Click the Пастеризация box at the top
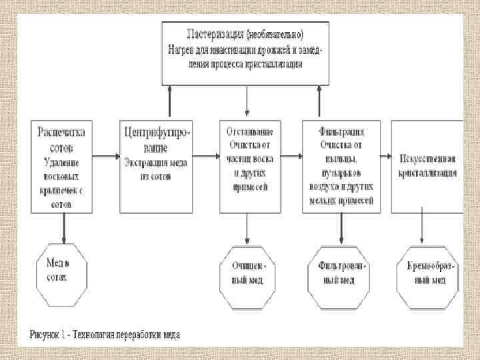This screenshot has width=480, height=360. pyautogui.click(x=246, y=53)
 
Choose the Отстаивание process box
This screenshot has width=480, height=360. pyautogui.click(x=247, y=167)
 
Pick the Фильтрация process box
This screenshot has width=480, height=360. pyautogui.click(x=341, y=167)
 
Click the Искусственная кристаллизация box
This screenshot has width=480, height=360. pyautogui.click(x=427, y=167)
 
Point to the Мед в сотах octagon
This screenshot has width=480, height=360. pyautogui.click(x=62, y=271)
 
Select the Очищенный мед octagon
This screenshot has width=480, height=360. pyautogui.click(x=247, y=271)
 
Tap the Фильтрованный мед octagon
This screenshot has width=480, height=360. pyautogui.click(x=341, y=271)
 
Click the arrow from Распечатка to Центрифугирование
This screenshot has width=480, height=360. pyautogui.click(x=106, y=158)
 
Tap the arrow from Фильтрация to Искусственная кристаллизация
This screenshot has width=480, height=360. pyautogui.click(x=385, y=158)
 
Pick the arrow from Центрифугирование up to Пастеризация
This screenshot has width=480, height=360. pyautogui.click(x=171, y=103)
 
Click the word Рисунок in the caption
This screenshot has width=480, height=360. pyautogui.click(x=46, y=334)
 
